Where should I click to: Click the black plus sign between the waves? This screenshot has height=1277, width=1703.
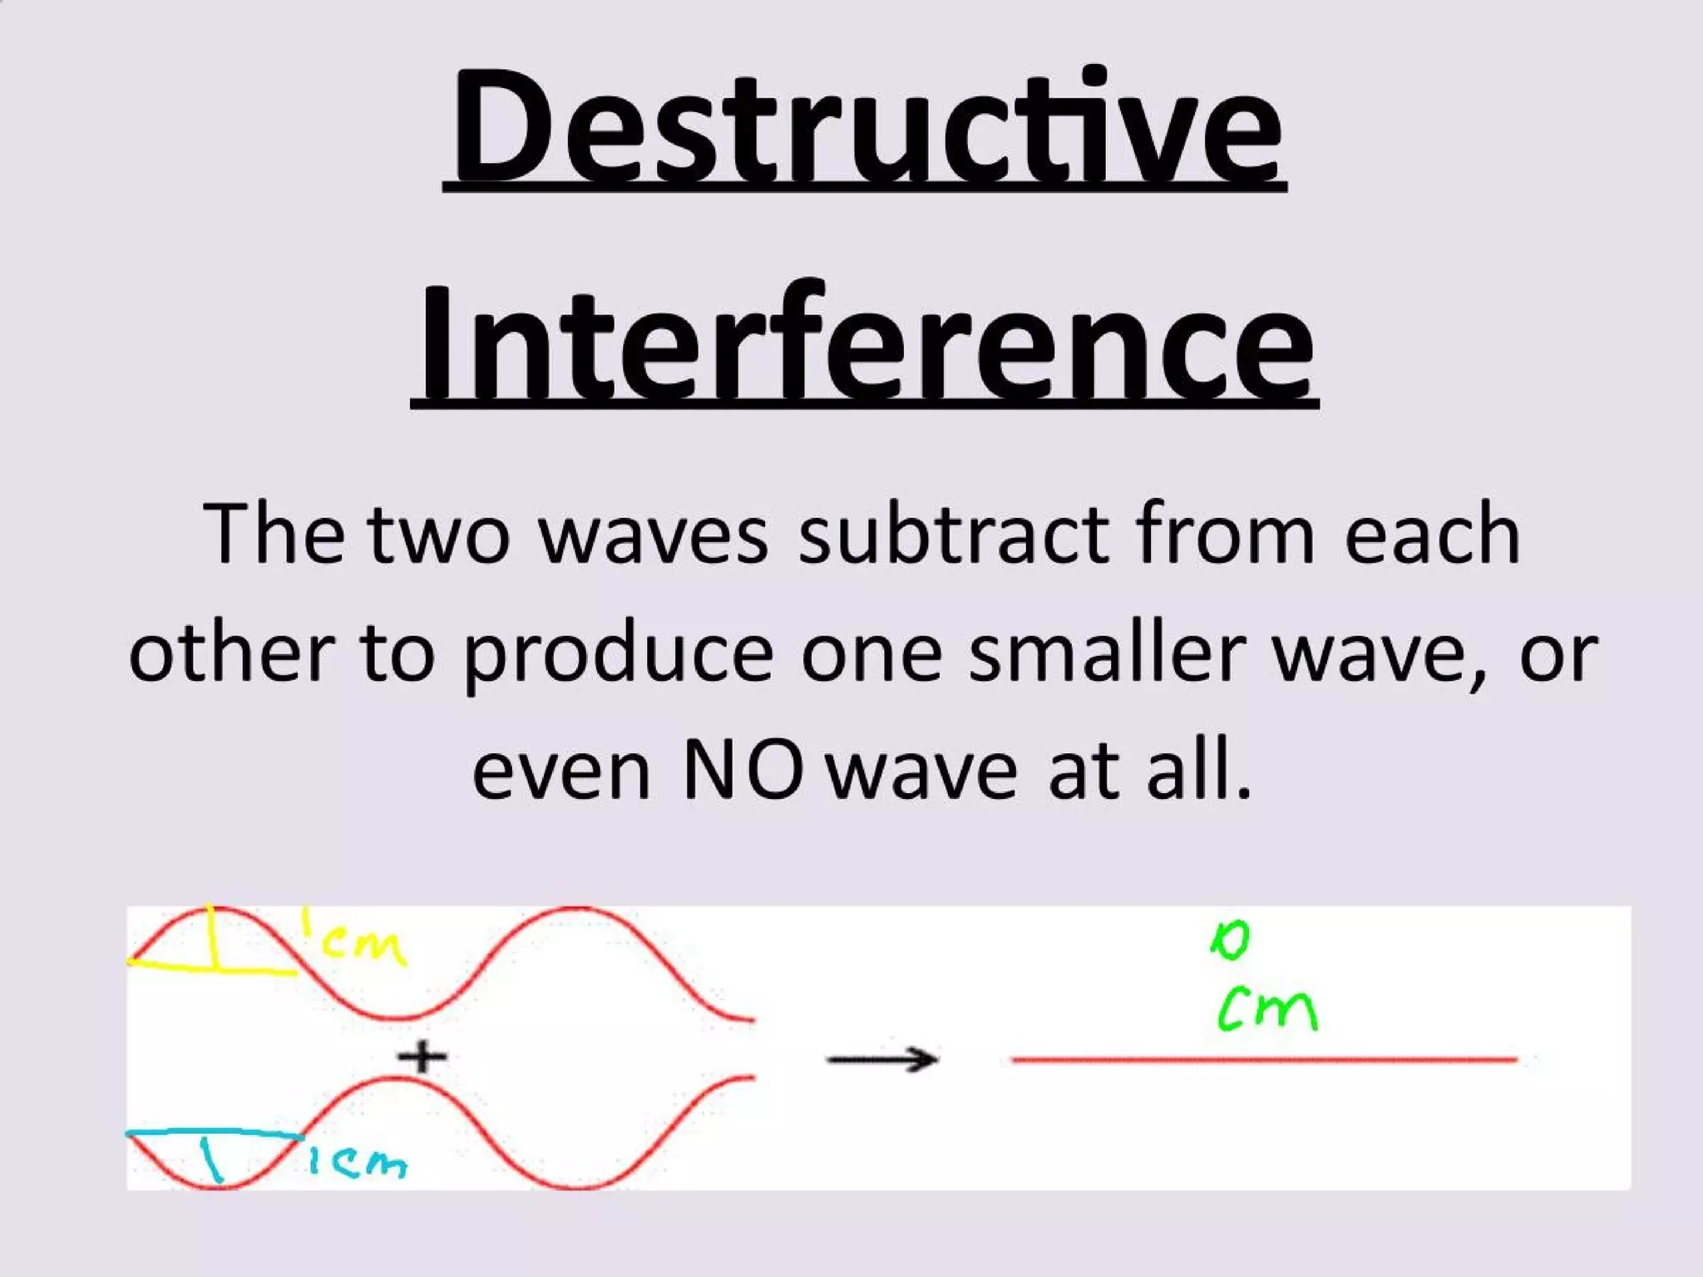point(422,1058)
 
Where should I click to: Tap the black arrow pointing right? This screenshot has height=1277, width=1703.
point(881,1059)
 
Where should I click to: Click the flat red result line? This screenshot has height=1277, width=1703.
point(1264,1060)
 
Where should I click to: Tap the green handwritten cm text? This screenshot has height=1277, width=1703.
point(1268,1010)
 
